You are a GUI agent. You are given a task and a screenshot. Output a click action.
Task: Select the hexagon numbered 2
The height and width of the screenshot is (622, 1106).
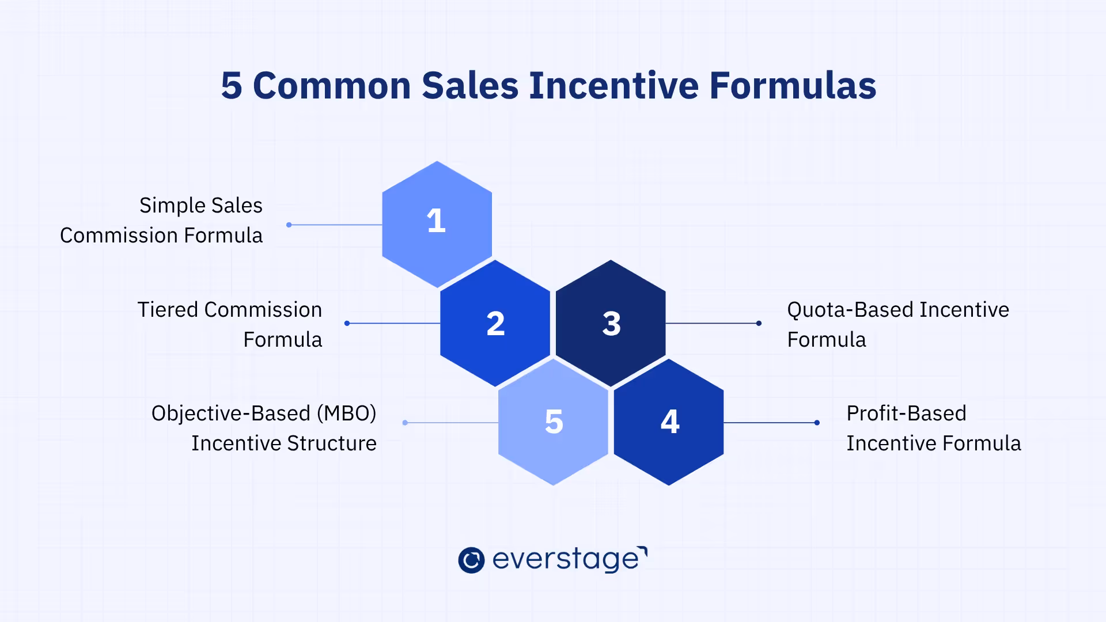[495, 323]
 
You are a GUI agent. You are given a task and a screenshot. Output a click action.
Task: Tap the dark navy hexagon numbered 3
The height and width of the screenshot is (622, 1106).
[611, 323]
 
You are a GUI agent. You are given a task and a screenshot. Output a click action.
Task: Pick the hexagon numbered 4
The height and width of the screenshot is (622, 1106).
[669, 422]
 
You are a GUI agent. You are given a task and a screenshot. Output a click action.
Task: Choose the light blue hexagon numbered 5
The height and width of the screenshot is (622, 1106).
[553, 422]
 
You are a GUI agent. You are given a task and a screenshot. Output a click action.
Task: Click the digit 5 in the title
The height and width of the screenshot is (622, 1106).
[231, 86]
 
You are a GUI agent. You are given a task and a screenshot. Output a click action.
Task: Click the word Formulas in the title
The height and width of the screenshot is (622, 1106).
[793, 86]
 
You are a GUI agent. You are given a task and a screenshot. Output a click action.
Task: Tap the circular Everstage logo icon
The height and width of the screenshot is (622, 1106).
[471, 560]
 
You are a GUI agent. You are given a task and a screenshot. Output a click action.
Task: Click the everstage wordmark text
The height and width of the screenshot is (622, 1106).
[567, 559]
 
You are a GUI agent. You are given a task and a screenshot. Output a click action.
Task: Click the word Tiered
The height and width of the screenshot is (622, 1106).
[168, 310]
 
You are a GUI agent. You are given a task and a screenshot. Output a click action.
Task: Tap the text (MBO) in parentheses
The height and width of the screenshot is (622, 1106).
[346, 414]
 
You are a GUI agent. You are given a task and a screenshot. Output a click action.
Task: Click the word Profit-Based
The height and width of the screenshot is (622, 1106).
[906, 414]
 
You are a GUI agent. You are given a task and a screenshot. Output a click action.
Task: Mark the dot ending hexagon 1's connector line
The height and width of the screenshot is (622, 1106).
[289, 225]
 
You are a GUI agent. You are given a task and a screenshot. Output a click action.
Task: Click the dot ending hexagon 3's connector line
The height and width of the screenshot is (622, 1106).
[759, 324]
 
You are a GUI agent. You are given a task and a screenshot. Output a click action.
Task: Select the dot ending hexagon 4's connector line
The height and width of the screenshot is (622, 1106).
[817, 423]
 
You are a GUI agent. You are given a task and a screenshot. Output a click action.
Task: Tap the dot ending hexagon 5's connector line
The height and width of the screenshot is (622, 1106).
[405, 423]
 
